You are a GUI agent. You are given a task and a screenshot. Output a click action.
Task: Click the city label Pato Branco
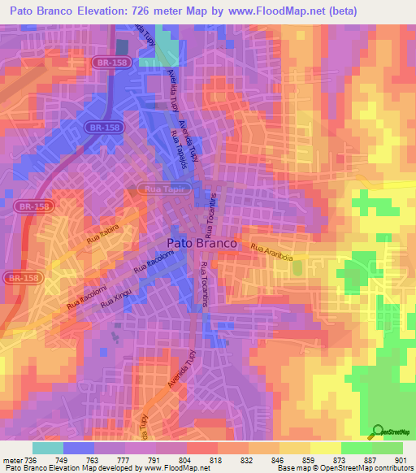(x=201, y=243)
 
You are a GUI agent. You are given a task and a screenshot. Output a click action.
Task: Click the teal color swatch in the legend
(x=48, y=448)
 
